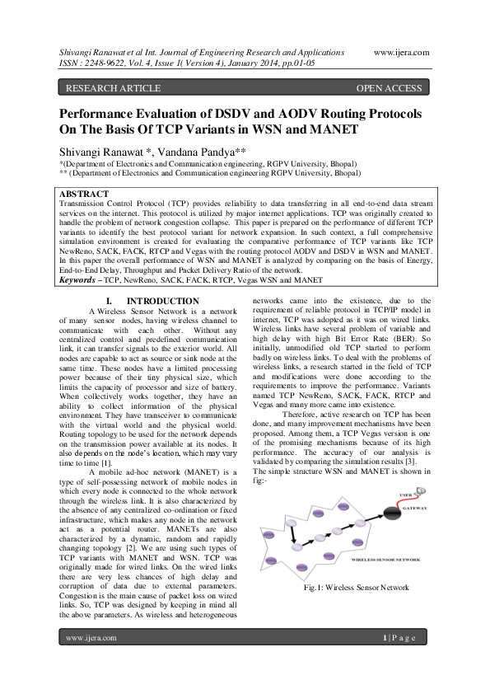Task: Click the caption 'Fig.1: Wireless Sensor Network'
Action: [356, 587]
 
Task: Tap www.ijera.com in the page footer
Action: [91, 661]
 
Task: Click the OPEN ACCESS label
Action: [389, 87]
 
